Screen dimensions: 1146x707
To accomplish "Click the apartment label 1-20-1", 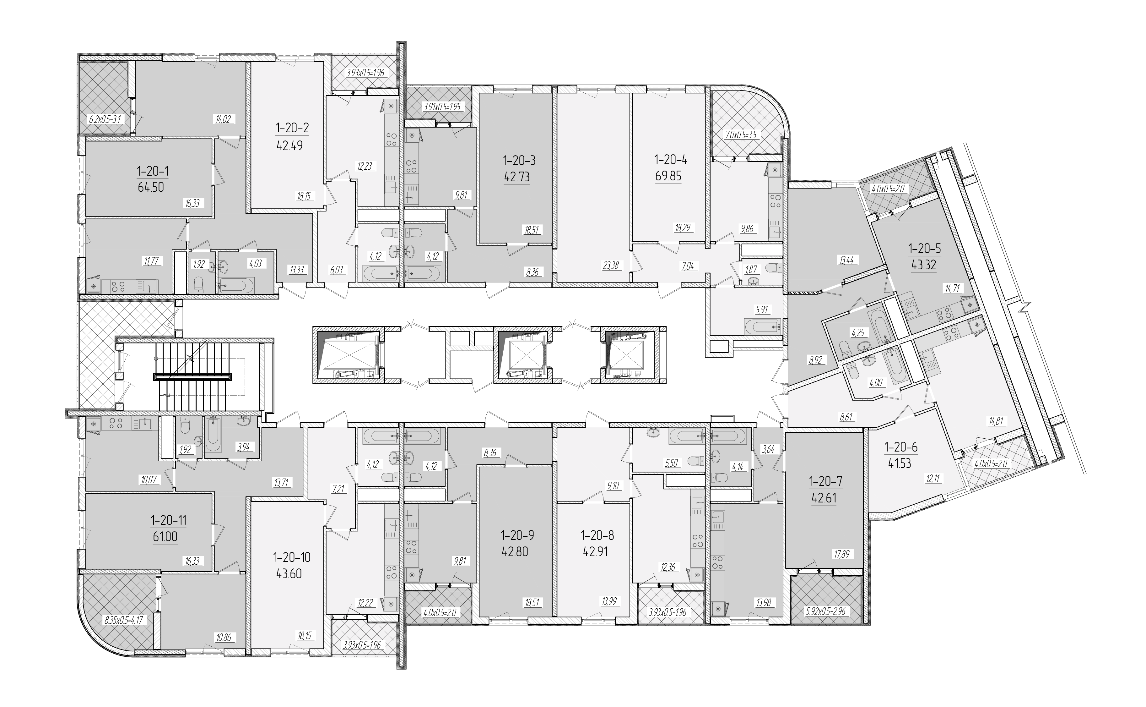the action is [x=153, y=171].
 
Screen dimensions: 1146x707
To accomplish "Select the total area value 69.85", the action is [x=668, y=176].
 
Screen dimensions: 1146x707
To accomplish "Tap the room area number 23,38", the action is [x=611, y=266].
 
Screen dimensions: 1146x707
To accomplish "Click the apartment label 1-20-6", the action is [x=901, y=447].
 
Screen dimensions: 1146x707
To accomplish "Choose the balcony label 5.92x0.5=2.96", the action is [x=825, y=611].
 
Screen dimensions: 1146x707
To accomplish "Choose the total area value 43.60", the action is [x=289, y=574].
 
